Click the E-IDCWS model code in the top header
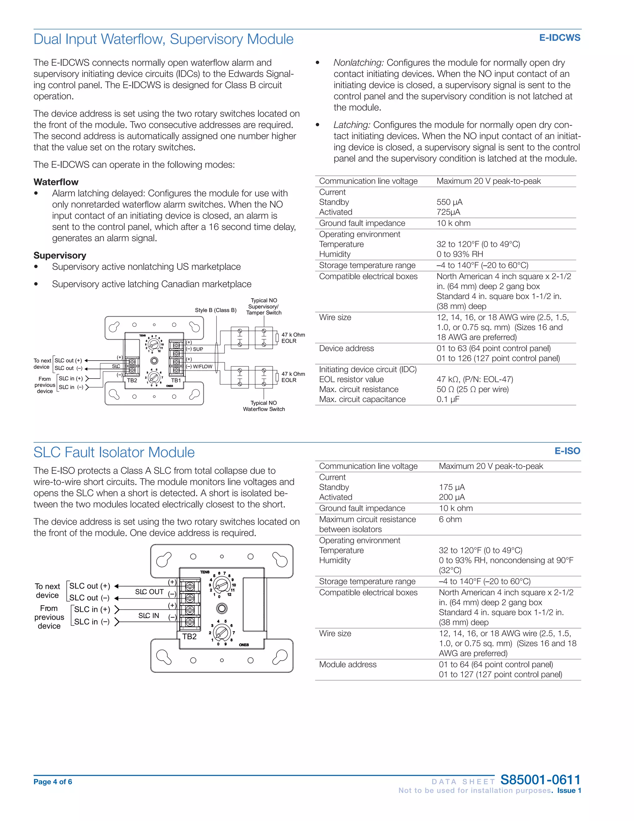tap(559, 38)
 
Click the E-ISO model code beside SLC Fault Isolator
tap(567, 451)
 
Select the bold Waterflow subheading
tap(56, 182)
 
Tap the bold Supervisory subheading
tap(60, 256)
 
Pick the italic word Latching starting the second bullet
tap(352, 125)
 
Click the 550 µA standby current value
tap(449, 202)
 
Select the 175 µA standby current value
tap(451, 487)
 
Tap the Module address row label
tap(347, 665)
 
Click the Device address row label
tap(346, 349)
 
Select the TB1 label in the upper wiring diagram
tap(176, 380)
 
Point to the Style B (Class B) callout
tap(215, 310)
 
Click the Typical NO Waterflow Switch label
tap(264, 406)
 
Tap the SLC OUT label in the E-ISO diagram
tap(149, 592)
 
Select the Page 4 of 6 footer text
tap(53, 782)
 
